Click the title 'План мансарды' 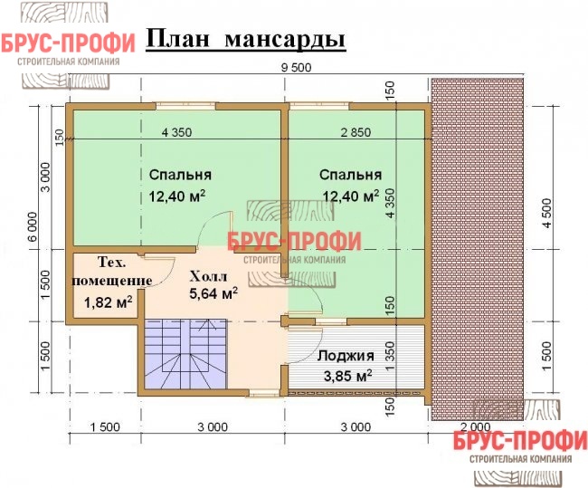tap(246, 40)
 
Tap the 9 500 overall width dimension tap(296, 68)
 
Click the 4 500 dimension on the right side tap(547, 214)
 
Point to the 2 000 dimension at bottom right tap(475, 426)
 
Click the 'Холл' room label tap(208, 277)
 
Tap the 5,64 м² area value tap(213, 293)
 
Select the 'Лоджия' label tap(346, 356)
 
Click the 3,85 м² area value tap(348, 376)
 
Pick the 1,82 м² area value tap(108, 301)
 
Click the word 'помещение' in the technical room tap(112, 282)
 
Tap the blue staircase tap(185, 355)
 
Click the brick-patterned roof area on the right tap(477, 249)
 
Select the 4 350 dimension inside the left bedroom tap(176, 132)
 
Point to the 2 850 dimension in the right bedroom tap(356, 132)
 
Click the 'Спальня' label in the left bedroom tap(180, 175)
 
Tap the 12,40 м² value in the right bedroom tap(351, 196)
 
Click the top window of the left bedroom tap(186, 106)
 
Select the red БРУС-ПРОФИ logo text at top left tap(68, 43)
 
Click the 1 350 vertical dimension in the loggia tap(391, 357)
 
